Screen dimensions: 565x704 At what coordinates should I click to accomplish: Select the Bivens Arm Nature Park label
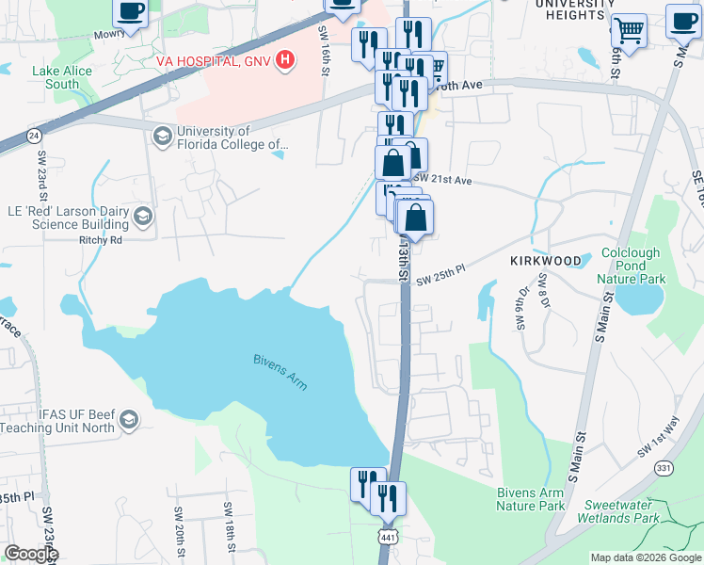(531, 499)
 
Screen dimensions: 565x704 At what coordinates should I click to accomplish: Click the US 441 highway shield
(389, 536)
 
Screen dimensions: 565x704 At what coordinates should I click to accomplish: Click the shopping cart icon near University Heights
(629, 28)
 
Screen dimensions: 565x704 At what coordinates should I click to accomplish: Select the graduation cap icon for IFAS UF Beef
(129, 419)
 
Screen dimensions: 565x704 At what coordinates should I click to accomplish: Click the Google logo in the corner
(30, 554)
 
